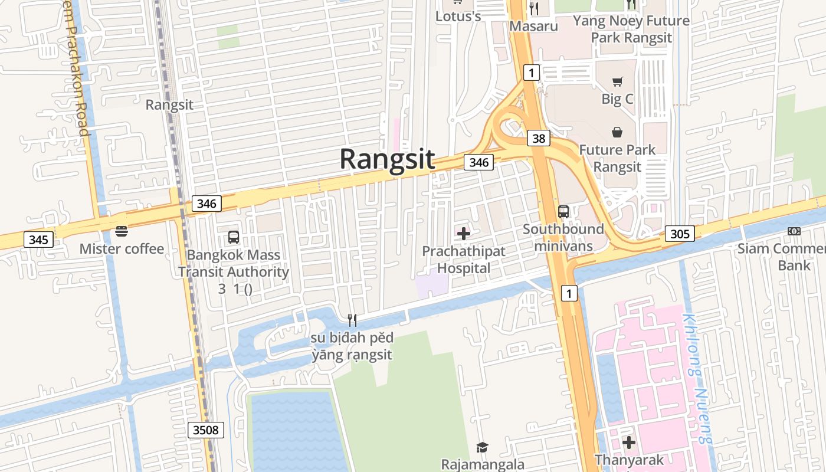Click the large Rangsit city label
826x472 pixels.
pos(387,159)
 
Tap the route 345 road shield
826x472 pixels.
pos(39,240)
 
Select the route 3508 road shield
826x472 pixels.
pos(206,430)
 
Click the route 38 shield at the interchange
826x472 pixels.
pos(539,138)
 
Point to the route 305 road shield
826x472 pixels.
pos(680,234)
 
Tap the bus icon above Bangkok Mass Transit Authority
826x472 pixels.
pos(234,237)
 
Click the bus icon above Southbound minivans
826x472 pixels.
pos(563,212)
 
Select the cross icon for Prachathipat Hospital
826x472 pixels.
pos(464,233)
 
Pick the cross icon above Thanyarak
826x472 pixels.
pos(629,442)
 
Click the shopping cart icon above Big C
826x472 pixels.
pos(617,81)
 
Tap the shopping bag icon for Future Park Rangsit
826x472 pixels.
pos(617,132)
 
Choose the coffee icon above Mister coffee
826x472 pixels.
pos(122,231)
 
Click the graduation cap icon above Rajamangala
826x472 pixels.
pos(483,447)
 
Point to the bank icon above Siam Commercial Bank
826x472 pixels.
pos(794,231)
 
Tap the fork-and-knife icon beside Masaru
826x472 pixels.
pos(534,8)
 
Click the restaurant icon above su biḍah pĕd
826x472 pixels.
pos(352,320)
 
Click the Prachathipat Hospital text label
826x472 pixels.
pos(464,260)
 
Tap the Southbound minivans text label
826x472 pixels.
pos(563,237)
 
